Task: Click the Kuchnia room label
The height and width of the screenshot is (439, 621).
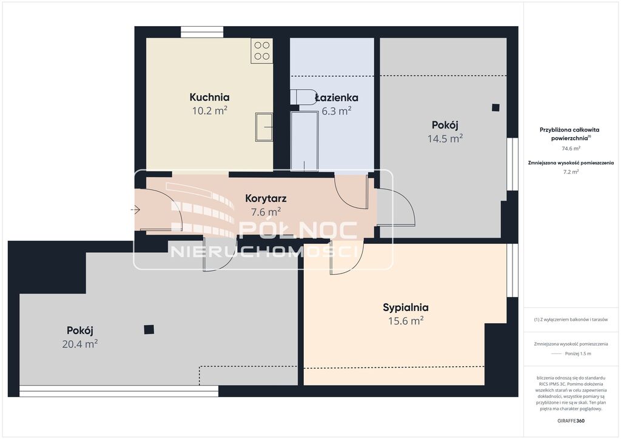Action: [209, 97]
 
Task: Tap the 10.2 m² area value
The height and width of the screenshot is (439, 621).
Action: [209, 110]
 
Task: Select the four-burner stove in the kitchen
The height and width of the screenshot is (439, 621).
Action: [262, 51]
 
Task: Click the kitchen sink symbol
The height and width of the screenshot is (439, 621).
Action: [264, 127]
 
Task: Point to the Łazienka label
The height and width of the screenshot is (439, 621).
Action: [337, 98]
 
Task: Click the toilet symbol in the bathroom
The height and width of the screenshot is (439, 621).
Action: [299, 97]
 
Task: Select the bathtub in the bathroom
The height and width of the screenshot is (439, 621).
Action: [304, 141]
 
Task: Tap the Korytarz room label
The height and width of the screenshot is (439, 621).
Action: [266, 198]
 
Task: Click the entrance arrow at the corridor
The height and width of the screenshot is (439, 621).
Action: [135, 210]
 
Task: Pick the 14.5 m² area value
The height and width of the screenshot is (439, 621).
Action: [445, 138]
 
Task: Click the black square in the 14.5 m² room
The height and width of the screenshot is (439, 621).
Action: [495, 107]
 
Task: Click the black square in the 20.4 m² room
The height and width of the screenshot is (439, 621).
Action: [149, 329]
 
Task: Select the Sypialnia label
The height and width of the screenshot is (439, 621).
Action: [406, 307]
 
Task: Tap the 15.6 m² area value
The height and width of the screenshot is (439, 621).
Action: [406, 321]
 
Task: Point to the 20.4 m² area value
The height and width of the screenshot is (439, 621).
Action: [79, 344]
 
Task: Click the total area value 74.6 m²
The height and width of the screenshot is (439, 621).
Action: [571, 149]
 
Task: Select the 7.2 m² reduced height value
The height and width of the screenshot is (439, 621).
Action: [571, 172]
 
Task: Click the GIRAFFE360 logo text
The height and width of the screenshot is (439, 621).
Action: [571, 421]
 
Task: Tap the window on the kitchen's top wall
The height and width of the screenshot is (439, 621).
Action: [202, 32]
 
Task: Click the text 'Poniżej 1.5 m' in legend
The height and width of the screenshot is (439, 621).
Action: [578, 354]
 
